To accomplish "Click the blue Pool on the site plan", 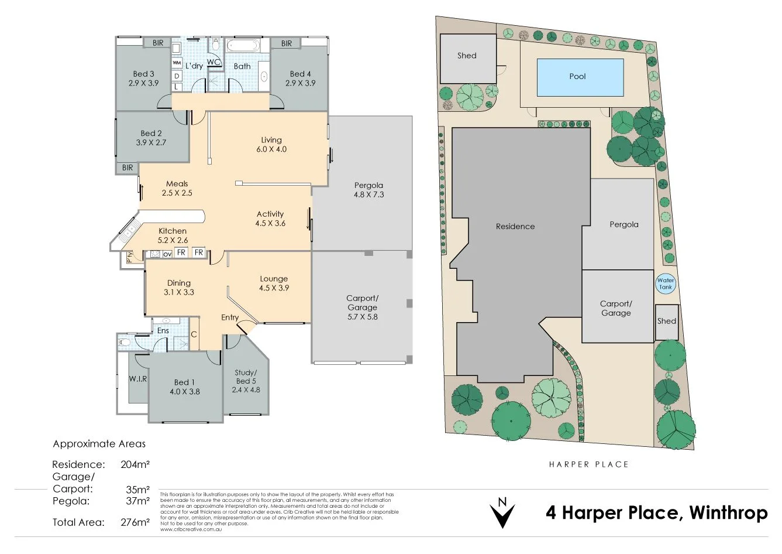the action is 580,77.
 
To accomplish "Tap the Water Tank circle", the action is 666,283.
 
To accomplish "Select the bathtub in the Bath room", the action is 243,46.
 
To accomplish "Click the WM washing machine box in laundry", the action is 177,63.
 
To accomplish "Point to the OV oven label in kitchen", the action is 167,254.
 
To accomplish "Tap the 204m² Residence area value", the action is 135,464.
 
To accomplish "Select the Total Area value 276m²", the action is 135,522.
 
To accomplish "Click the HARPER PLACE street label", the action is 588,464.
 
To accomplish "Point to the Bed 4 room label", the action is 300,74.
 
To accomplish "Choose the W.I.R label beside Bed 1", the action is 138,378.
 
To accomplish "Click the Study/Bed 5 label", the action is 246,377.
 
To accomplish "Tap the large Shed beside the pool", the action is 468,59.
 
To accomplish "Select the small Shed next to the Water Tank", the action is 666,322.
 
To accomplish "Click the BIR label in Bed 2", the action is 128,167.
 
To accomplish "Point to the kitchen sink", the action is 128,230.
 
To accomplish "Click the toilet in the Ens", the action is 124,341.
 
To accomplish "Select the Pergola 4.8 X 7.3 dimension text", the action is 368,194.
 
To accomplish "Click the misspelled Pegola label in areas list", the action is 71,501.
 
